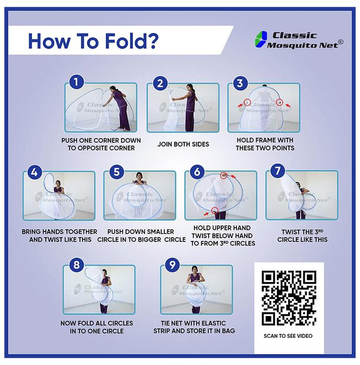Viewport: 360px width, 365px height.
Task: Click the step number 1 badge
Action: pos(76,82)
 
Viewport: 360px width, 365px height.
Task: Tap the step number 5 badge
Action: pos(116,172)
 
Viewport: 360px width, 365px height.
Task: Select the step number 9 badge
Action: pos(172,265)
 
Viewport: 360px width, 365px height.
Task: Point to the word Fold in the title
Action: pos(123,41)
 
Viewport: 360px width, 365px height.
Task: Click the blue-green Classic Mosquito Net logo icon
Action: pos(261,39)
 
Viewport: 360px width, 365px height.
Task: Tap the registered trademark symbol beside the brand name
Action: pos(341,42)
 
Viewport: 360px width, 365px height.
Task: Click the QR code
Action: pos(289,298)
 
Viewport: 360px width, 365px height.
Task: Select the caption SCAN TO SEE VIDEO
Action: pos(288,336)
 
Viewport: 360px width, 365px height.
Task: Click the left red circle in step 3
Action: pos(247,102)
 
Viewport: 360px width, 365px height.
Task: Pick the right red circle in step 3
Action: pos(280,102)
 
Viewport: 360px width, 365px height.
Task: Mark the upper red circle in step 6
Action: pos(223,175)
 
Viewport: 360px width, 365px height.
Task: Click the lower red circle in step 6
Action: pos(215,211)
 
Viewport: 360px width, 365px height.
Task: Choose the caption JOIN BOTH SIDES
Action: pos(183,144)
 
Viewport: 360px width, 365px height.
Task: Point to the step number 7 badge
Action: pos(278,171)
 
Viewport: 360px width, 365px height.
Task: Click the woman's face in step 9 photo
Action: pos(195,270)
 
